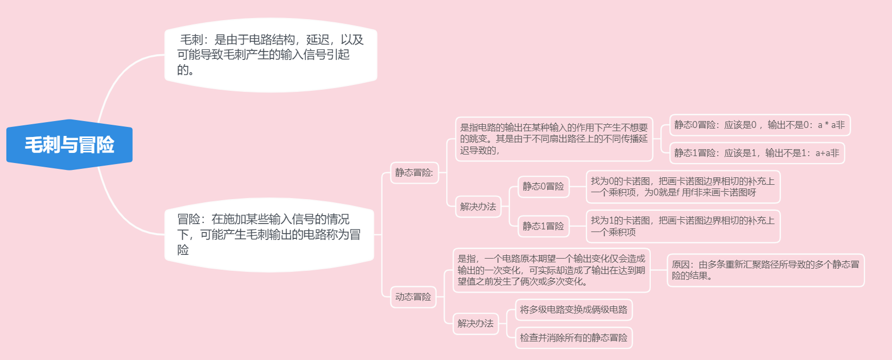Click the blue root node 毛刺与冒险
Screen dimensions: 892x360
pos(69,144)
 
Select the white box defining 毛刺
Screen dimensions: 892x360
pos(270,55)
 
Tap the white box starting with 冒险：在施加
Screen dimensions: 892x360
pos(269,234)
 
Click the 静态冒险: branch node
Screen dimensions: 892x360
pos(414,173)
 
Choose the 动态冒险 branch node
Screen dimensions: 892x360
pos(413,297)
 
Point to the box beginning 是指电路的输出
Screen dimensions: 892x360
pos(554,139)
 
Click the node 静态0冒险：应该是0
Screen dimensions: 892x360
pos(759,125)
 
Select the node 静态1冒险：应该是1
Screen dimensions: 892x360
pos(757,153)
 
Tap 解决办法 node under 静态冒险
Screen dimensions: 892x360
pos(478,207)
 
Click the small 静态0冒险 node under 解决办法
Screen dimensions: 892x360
pos(543,186)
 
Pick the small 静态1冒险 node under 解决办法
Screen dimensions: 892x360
pos(543,226)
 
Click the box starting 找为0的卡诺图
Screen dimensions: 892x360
pos(683,187)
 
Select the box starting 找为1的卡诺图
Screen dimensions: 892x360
pos(683,226)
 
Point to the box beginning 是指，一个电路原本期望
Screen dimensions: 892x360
pos(551,270)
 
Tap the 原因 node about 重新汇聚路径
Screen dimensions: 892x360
pos(765,270)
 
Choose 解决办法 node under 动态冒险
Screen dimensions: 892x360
pos(475,323)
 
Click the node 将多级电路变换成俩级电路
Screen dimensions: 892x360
pos(573,310)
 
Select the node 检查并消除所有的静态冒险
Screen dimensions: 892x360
pos(573,338)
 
